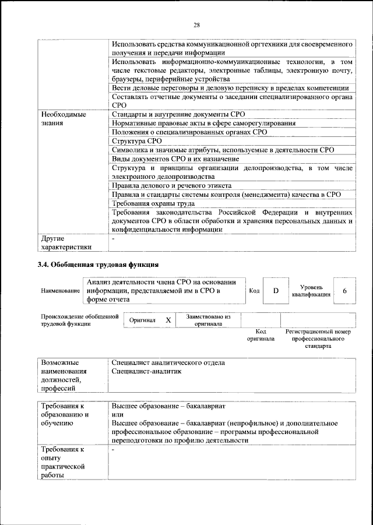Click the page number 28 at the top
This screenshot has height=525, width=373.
(196, 24)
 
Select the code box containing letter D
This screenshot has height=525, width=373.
(277, 290)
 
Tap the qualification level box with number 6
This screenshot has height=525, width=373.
(344, 290)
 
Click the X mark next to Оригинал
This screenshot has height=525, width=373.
(168, 320)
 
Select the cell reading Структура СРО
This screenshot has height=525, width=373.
(136, 141)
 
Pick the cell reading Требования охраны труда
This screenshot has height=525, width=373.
(153, 203)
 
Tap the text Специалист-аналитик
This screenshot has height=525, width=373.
(146, 371)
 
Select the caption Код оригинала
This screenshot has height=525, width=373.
(261, 335)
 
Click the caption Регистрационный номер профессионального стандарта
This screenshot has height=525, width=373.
(318, 339)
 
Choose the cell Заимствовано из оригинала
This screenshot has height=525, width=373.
(208, 320)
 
